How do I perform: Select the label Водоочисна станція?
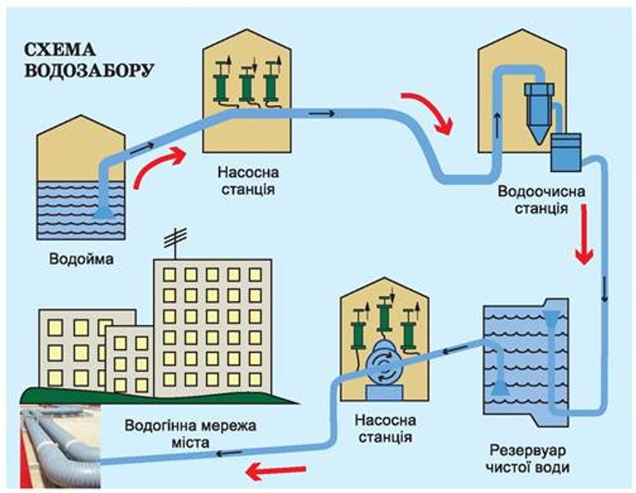(x=531, y=200)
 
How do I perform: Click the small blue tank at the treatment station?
(x=566, y=151)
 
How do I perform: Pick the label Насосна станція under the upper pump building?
(x=242, y=179)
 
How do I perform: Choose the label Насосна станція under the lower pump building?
(x=385, y=428)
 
